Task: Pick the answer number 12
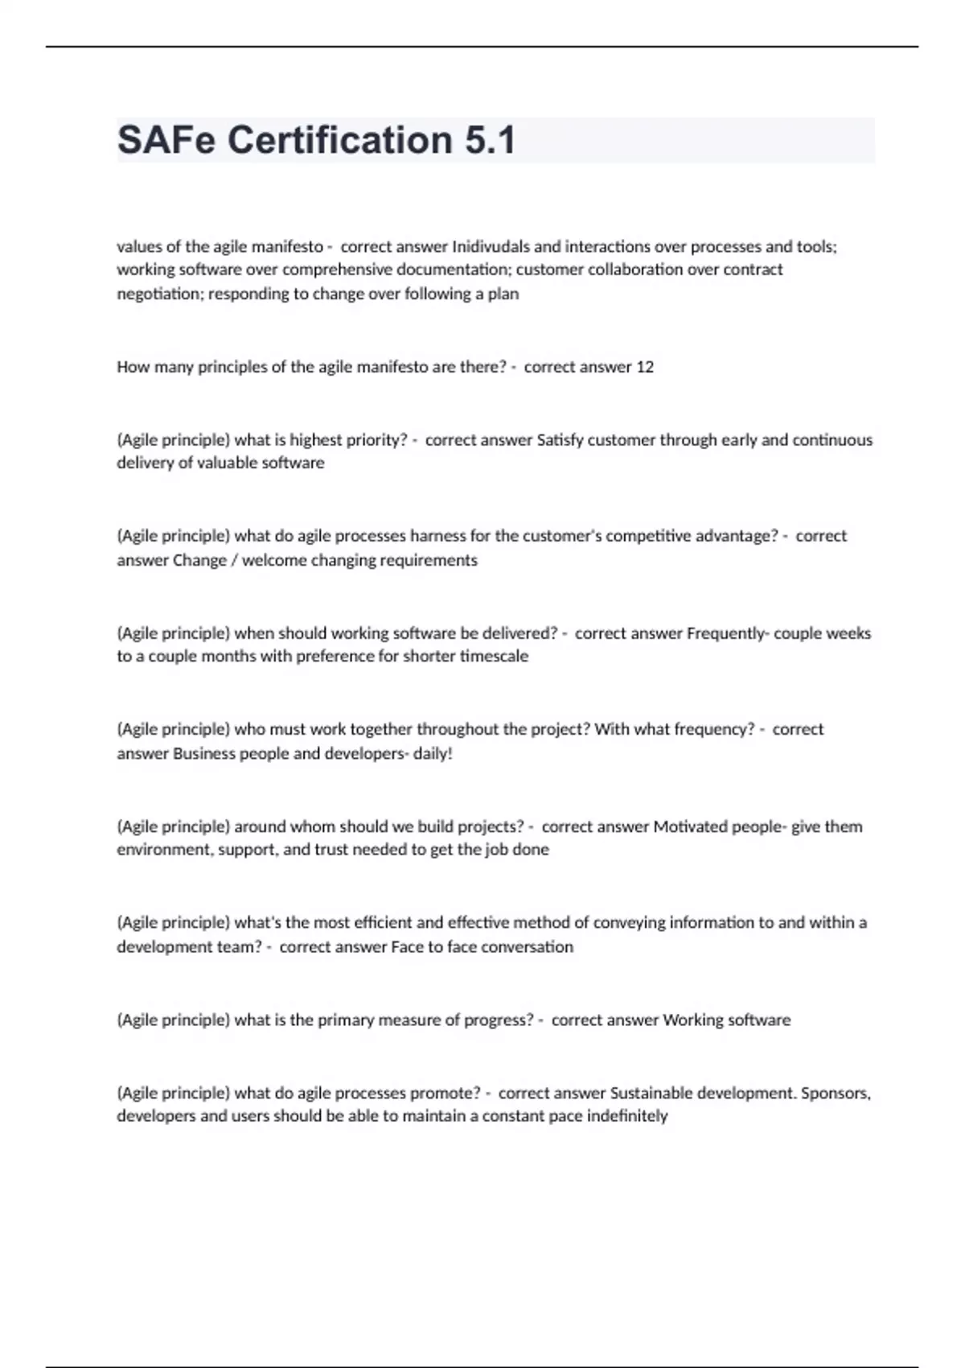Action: pyautogui.click(x=645, y=367)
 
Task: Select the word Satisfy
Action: pyautogui.click(x=560, y=440)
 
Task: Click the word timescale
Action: pyautogui.click(x=494, y=656)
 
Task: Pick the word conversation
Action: pyautogui.click(x=527, y=947)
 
